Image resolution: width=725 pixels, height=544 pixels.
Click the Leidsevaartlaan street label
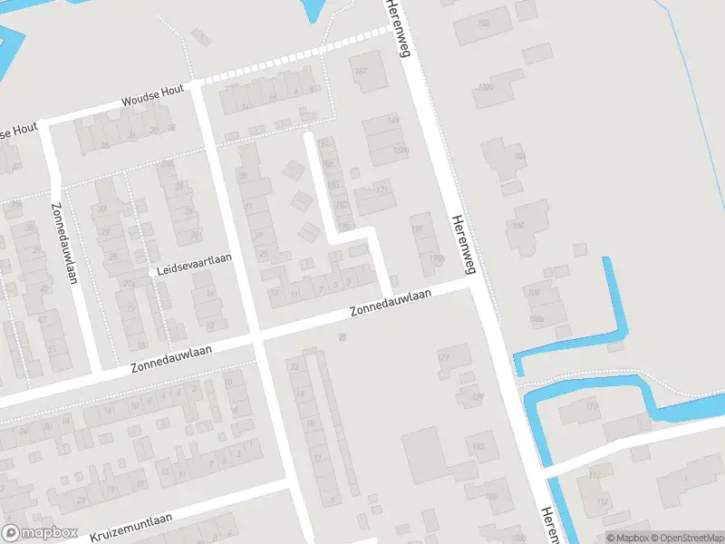194,257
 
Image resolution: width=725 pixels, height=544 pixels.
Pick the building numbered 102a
487,87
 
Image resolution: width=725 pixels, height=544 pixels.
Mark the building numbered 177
443,358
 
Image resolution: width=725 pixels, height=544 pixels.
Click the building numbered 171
381,189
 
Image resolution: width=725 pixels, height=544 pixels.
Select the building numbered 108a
536,318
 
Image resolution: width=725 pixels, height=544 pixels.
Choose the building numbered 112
595,474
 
